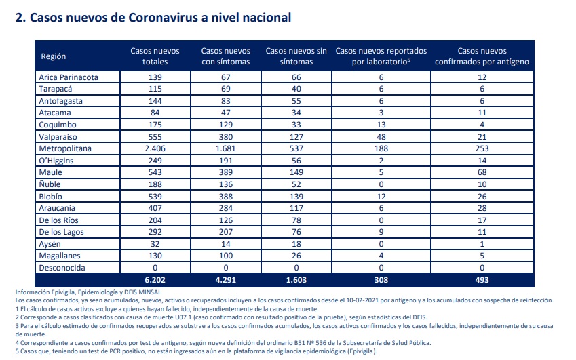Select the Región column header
54,56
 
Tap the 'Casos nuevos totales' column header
155,56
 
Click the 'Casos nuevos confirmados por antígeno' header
482,56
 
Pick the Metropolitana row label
65,148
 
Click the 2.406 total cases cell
155,148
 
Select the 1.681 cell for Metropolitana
225,148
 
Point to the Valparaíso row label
58,137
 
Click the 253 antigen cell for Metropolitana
482,148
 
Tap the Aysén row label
50,244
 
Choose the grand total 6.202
155,280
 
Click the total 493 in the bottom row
482,280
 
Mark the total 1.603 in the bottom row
296,280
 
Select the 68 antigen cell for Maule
482,172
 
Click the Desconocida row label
62,268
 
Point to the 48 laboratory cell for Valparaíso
381,137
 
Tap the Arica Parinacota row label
69,77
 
